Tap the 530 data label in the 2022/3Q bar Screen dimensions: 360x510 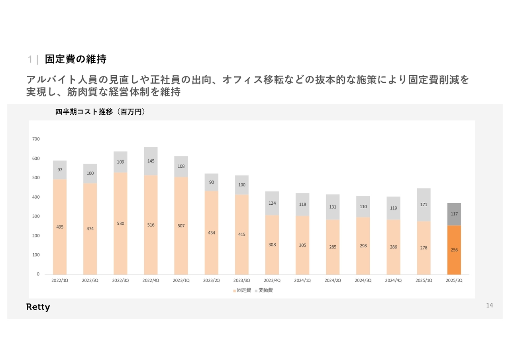click(120, 224)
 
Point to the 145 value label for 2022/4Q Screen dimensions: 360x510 click(151, 161)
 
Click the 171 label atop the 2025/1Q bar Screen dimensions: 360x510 click(424, 205)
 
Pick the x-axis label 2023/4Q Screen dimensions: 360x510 click(272, 280)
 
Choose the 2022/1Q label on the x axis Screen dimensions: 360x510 click(60, 280)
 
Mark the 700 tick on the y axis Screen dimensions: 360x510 click(36, 139)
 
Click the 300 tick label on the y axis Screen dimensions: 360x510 click(36, 216)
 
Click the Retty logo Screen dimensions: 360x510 click(38, 307)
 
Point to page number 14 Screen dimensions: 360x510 click(489, 305)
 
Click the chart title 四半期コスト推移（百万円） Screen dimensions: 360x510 click(100, 112)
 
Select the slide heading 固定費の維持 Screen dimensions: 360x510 click(75, 59)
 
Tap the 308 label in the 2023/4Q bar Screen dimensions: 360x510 click(272, 245)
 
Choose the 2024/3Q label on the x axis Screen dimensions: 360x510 click(363, 280)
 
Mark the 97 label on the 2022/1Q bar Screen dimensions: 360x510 click(60, 170)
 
